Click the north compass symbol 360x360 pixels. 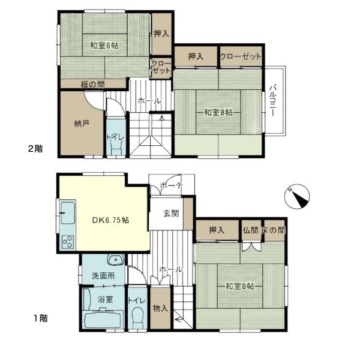tap(297, 197)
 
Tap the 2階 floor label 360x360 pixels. tap(35, 149)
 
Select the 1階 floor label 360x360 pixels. tap(41, 318)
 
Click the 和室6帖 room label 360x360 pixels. tap(104, 45)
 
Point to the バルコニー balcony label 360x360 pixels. tap(273, 100)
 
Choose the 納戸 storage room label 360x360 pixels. tap(82, 124)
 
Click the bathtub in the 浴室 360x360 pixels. tap(103, 319)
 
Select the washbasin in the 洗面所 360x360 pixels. tap(116, 260)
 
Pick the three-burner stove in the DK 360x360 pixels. tap(68, 242)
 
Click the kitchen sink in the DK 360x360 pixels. tap(67, 213)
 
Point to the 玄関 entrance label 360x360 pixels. tap(171, 214)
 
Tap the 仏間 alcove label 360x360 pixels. tap(250, 230)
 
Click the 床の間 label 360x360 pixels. tap(273, 230)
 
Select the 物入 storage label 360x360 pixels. tap(160, 308)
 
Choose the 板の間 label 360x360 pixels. tap(93, 85)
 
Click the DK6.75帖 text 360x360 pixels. tap(110, 220)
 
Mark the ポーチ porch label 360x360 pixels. tap(172, 185)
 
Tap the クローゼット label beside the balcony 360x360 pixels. tap(241, 56)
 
